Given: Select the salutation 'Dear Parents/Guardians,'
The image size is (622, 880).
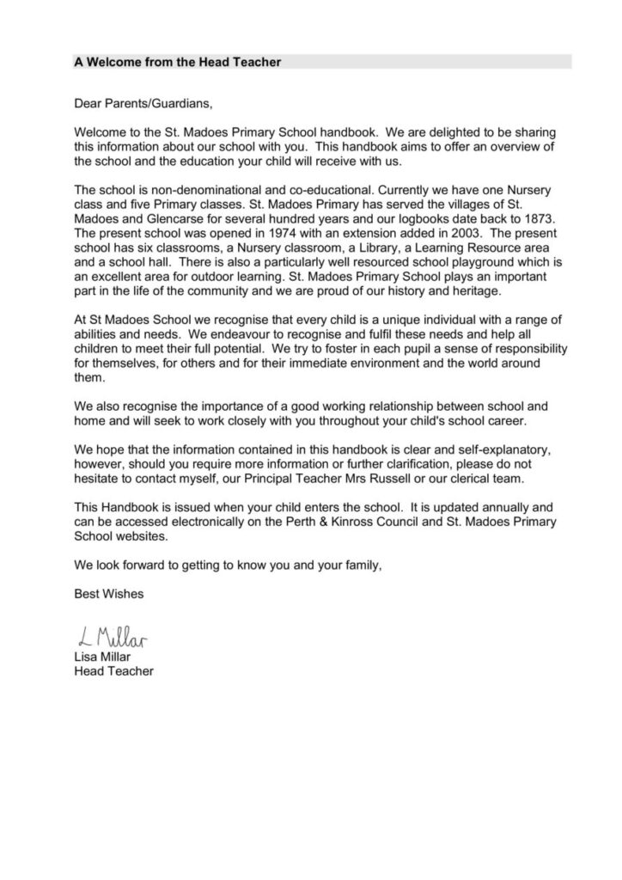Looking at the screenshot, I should coord(142,105).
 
